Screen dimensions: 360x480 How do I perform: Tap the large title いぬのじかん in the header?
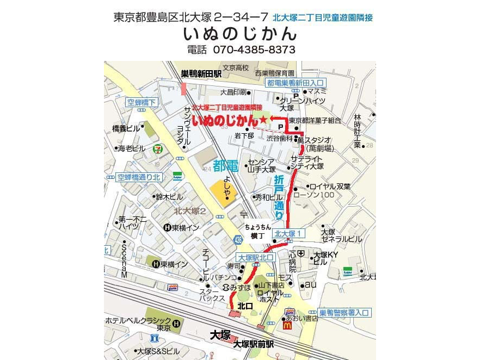(x=240, y=34)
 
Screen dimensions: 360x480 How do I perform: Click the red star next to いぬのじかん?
(x=263, y=119)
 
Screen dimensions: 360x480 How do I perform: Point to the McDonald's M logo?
(x=287, y=325)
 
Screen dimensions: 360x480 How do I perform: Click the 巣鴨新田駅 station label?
(x=201, y=73)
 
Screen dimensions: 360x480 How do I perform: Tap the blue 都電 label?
(x=225, y=166)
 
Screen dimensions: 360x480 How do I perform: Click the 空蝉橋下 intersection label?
(x=141, y=102)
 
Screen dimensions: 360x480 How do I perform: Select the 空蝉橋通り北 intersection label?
(x=139, y=177)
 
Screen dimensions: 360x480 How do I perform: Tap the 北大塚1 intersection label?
(x=289, y=233)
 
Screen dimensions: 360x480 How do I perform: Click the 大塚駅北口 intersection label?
(x=255, y=257)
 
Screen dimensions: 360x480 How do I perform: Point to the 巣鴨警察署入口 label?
(x=344, y=313)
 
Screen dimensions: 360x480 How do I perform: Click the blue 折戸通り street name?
(x=279, y=197)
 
